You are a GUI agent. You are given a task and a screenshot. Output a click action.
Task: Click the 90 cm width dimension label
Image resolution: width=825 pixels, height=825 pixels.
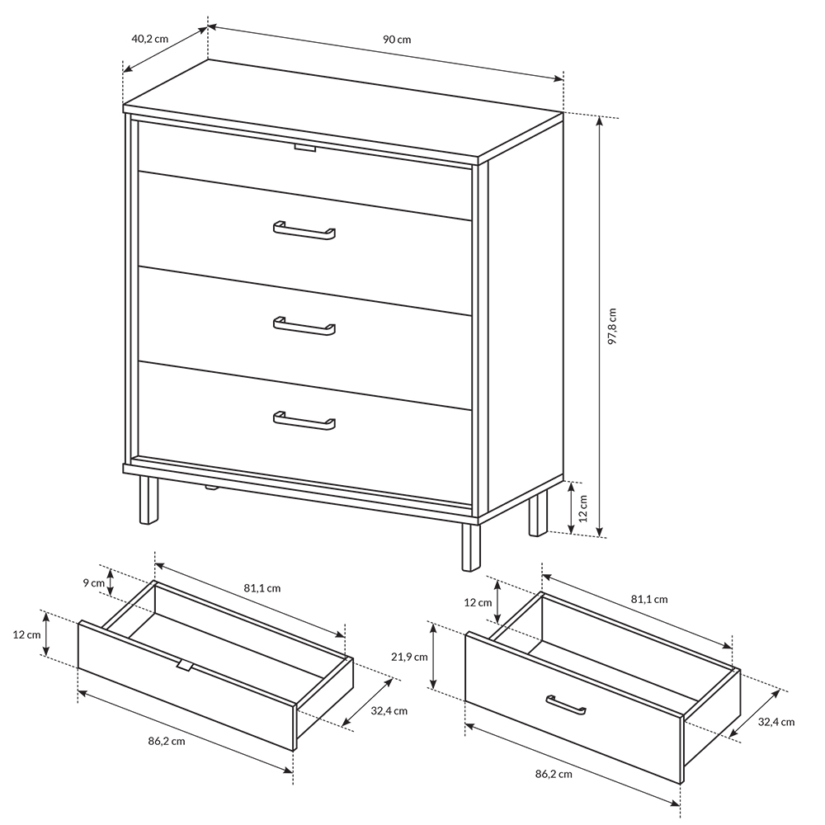pyautogui.click(x=397, y=40)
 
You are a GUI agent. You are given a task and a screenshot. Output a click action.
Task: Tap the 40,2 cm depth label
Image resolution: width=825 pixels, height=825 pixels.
pyautogui.click(x=149, y=39)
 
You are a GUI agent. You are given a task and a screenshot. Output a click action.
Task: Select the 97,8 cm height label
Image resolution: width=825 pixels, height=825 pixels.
pyautogui.click(x=611, y=326)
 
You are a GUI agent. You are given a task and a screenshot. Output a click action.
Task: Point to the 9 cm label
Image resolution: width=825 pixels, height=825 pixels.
pyautogui.click(x=94, y=582)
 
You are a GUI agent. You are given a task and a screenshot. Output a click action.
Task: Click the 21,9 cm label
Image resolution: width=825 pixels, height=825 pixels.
pyautogui.click(x=409, y=657)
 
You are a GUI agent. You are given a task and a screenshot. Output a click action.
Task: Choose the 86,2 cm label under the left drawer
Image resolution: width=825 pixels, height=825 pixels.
pyautogui.click(x=167, y=742)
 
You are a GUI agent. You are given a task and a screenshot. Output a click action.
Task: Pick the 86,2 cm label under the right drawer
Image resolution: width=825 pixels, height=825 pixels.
pyautogui.click(x=554, y=774)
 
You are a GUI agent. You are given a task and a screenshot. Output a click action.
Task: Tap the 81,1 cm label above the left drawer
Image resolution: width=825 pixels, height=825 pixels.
pyautogui.click(x=262, y=588)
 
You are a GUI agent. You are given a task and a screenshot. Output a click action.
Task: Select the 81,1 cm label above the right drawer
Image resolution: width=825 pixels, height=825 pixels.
pyautogui.click(x=649, y=599)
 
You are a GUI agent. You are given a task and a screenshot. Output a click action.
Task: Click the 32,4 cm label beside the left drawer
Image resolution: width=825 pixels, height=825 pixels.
pyautogui.click(x=389, y=711)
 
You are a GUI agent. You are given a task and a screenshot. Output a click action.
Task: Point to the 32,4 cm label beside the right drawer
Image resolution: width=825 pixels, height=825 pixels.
pyautogui.click(x=776, y=722)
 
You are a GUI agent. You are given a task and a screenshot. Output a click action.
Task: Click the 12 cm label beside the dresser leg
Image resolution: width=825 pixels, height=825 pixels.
pyautogui.click(x=583, y=508)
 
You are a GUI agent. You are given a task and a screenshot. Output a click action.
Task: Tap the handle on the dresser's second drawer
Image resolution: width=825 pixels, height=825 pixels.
pyautogui.click(x=304, y=230)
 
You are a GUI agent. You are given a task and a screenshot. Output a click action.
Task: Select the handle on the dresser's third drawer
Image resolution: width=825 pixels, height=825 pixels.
pyautogui.click(x=304, y=326)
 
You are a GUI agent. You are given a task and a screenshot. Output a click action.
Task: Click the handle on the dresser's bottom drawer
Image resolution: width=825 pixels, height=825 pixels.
pyautogui.click(x=304, y=421)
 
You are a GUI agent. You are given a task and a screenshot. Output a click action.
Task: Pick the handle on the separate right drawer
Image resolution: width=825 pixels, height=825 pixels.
pyautogui.click(x=566, y=705)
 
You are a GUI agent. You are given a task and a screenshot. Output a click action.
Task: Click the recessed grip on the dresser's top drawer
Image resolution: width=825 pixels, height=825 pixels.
pyautogui.click(x=305, y=148)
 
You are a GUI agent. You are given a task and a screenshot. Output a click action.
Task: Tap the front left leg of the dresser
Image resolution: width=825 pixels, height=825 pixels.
pyautogui.click(x=148, y=500)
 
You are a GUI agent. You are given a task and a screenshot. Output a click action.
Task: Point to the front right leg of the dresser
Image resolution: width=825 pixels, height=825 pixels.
pyautogui.click(x=471, y=547)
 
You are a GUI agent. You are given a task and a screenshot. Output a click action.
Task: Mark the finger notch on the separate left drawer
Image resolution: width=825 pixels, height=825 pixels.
pyautogui.click(x=184, y=666)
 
